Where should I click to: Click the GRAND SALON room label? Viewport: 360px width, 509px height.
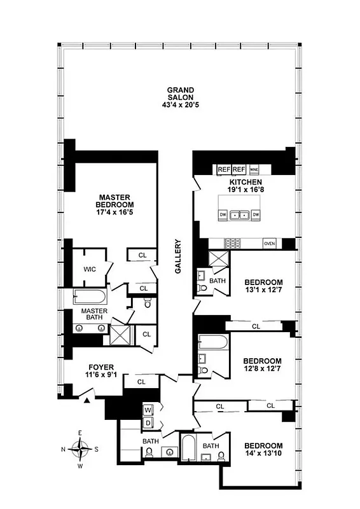[180, 94]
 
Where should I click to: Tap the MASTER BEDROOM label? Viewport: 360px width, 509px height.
[114, 201]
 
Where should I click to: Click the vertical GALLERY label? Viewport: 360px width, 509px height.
[179, 256]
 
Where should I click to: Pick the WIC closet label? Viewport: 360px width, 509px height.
[89, 269]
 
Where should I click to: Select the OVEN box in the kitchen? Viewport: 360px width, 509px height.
[270, 243]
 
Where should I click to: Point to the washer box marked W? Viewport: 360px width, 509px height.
[148, 409]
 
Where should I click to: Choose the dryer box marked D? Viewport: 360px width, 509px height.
[148, 422]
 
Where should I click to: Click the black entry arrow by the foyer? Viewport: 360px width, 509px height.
[85, 400]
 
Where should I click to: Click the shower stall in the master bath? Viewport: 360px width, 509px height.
[119, 334]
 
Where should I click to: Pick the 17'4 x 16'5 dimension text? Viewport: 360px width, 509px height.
[114, 214]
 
